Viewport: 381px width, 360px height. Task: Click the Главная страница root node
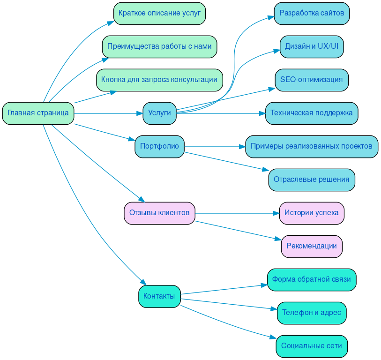38,113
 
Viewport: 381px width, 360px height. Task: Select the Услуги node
159,113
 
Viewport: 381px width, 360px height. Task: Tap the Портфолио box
159,147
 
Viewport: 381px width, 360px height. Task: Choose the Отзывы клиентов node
159,213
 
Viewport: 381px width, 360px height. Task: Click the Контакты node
159,296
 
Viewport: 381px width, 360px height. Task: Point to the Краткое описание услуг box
159,13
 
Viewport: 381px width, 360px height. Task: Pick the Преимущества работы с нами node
159,47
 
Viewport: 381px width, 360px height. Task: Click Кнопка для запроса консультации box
159,80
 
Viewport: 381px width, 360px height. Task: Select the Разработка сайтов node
312,13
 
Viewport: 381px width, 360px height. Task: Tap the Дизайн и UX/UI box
312,47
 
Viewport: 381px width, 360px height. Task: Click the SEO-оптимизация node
312,80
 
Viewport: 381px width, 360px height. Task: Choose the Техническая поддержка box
312,113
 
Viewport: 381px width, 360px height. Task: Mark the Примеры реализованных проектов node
312,147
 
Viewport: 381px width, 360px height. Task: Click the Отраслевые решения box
312,180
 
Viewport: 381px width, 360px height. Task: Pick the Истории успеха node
312,213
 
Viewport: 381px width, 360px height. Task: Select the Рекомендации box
312,247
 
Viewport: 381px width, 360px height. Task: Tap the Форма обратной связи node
312,280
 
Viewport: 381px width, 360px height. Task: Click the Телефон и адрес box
312,313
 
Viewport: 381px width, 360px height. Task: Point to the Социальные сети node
312,346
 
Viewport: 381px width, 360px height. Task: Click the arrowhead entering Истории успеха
276,213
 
